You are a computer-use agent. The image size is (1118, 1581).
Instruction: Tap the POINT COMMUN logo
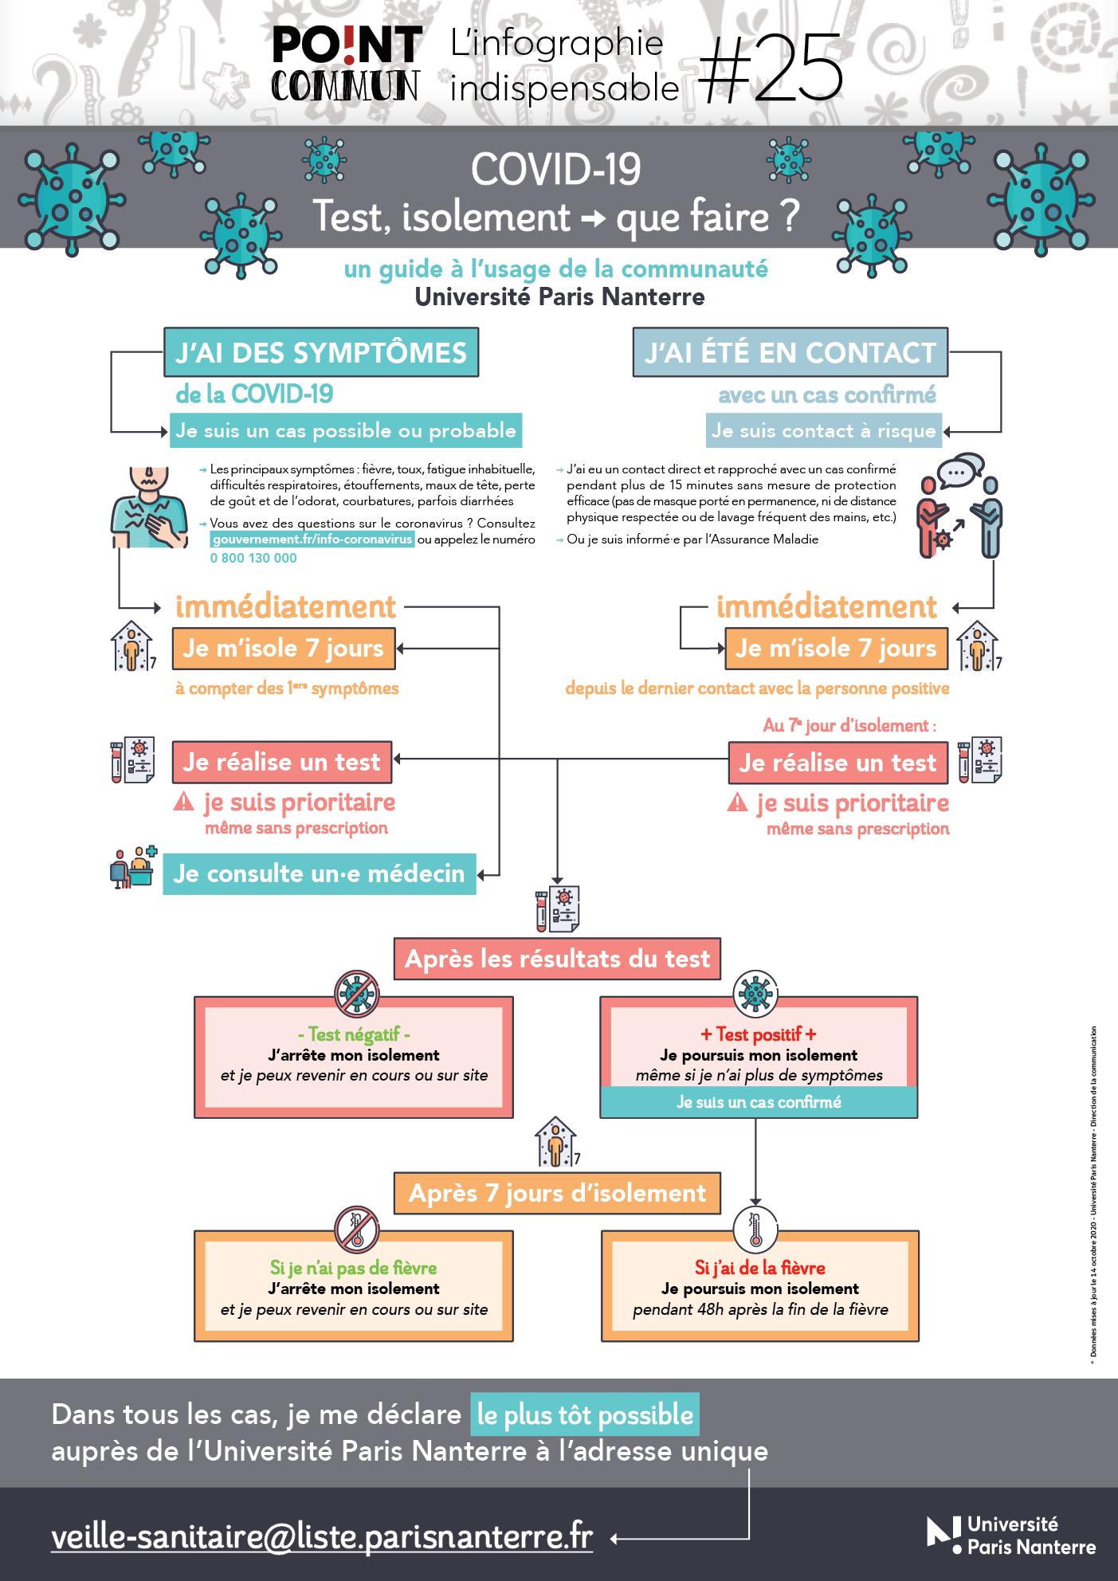coord(346,65)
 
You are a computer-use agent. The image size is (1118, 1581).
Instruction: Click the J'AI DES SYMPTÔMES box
coord(321,352)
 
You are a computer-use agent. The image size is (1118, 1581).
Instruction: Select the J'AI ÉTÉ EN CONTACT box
coord(790,352)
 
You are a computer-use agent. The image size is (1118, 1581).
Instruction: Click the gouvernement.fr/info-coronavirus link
coord(312,539)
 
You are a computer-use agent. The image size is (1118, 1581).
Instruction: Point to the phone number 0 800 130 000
coord(253,559)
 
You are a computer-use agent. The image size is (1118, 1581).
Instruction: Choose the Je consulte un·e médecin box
coord(319,874)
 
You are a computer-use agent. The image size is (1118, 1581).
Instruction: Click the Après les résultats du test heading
coord(557,959)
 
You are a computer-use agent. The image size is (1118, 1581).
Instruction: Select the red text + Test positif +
coord(759,1034)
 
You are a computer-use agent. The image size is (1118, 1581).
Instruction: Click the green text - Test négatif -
coord(354,1034)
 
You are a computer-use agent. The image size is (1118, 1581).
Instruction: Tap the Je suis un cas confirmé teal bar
coord(759,1102)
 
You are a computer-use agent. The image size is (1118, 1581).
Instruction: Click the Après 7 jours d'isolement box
coord(557,1193)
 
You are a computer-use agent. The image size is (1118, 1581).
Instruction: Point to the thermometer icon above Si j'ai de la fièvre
coord(755,1230)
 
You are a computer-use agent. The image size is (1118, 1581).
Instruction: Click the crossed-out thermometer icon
coord(356,1230)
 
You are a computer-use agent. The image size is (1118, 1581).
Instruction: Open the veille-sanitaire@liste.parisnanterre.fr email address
coord(322,1536)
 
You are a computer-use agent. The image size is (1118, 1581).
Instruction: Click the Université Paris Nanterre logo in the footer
coord(1011,1535)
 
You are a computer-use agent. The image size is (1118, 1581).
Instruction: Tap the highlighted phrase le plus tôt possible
coord(585,1414)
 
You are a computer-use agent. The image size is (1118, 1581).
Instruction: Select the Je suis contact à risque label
coord(823,431)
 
